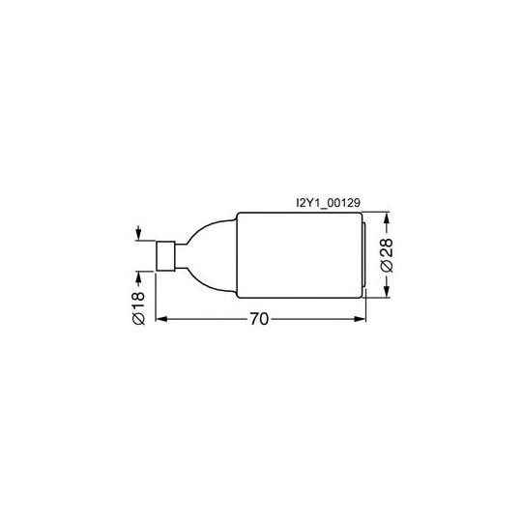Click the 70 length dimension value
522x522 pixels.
point(259,319)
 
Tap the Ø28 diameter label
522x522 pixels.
point(388,255)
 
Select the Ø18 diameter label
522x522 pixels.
point(139,308)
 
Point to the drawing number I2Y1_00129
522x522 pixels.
point(328,203)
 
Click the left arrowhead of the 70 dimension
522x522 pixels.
point(161,319)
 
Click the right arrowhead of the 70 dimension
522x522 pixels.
point(360,319)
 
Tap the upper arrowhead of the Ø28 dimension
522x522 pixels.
point(386,218)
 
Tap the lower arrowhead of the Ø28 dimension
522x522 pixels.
point(386,292)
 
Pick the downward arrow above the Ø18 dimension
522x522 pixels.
point(138,233)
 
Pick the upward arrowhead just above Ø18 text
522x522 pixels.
point(138,277)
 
